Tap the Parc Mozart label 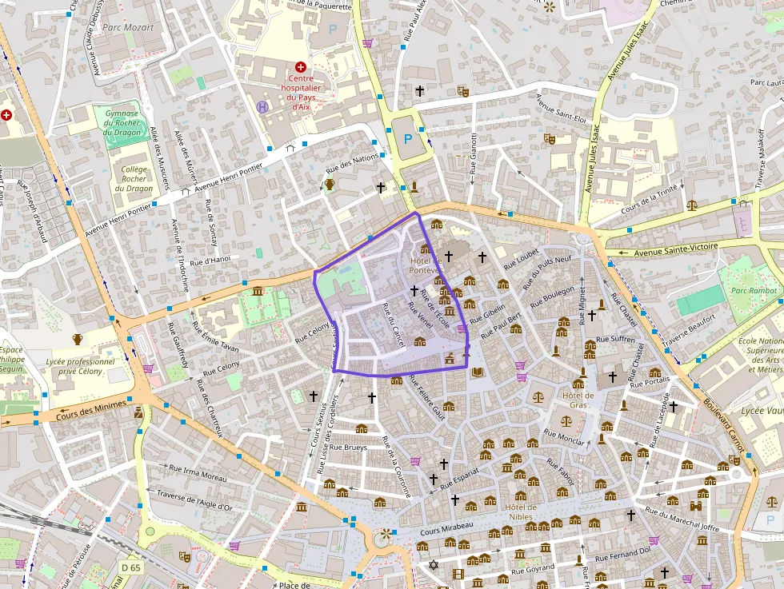(x=128, y=27)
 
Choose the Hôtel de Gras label (x=578, y=400)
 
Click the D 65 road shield (x=130, y=567)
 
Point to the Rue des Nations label (x=352, y=165)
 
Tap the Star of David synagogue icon (x=434, y=565)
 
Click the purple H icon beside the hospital (x=262, y=105)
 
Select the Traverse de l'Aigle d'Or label (x=194, y=501)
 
